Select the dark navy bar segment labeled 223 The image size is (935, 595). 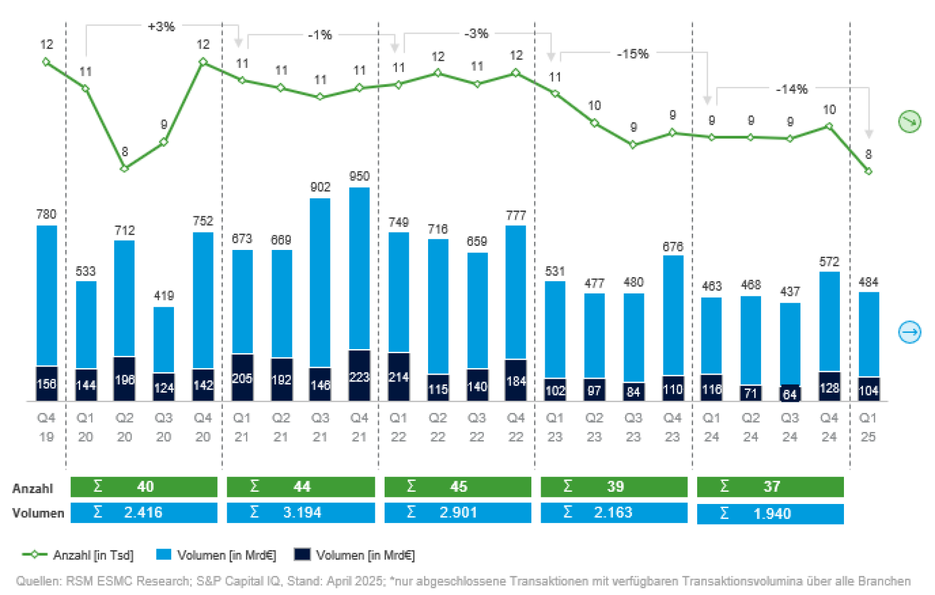[359, 376]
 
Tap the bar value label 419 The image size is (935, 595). [164, 296]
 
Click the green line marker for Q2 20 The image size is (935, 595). [124, 169]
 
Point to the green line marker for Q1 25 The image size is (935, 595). [868, 171]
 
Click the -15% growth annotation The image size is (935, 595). [632, 54]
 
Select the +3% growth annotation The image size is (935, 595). [161, 27]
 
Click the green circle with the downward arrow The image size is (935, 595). [909, 121]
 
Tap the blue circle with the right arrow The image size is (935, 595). [909, 332]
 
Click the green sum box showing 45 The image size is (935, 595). [458, 487]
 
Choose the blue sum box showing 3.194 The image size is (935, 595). [301, 513]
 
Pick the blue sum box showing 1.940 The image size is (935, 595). [770, 514]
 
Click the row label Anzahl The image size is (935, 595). [32, 488]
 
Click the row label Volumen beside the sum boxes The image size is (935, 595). [38, 513]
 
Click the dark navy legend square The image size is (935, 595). [302, 554]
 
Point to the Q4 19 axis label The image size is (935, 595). [46, 427]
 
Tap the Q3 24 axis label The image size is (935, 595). [790, 427]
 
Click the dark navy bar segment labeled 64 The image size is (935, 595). [790, 394]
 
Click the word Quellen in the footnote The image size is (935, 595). [37, 581]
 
